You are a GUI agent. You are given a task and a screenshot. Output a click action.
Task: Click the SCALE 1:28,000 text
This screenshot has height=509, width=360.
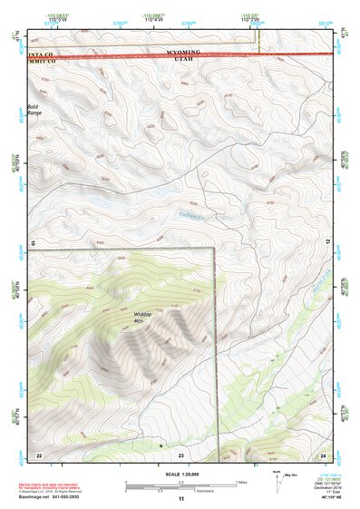click(180, 474)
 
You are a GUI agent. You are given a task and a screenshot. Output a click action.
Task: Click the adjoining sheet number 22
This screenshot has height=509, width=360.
click(39, 454)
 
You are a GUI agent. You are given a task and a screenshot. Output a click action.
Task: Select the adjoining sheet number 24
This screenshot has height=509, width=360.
click(323, 454)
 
